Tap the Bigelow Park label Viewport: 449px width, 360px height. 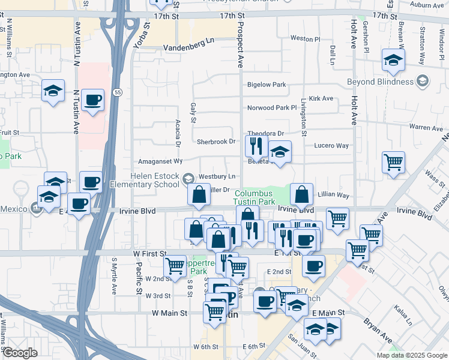click(267, 85)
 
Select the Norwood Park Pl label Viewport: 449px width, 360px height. click(273, 109)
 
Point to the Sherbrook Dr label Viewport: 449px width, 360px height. click(216, 142)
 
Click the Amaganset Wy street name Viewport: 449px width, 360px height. click(160, 161)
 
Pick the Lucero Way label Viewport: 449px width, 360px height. click(331, 146)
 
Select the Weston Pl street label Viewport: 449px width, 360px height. click(306, 38)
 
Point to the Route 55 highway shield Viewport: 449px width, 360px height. click(118, 92)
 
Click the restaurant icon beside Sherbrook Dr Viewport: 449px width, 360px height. click(256, 145)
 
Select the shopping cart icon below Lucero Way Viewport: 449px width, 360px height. click(393, 161)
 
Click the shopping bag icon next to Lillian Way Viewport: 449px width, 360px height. click(301, 194)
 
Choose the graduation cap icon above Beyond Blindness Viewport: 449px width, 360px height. click(393, 59)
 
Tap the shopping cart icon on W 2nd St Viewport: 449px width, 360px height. click(175, 265)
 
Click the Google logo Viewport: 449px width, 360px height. click(19, 353)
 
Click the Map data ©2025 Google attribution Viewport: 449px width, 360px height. click(411, 355)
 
